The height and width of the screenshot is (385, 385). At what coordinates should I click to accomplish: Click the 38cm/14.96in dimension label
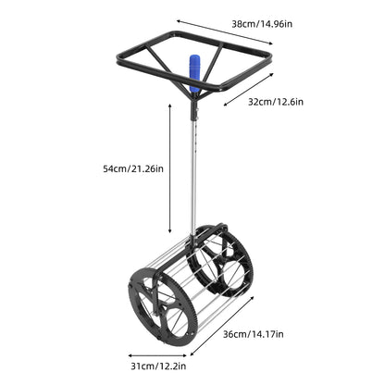click(262, 24)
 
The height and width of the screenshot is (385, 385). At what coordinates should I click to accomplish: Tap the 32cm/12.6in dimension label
click(276, 102)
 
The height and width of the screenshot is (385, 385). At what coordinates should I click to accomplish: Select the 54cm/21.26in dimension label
click(133, 168)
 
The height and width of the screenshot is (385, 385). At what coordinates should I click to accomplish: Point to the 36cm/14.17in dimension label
click(253, 334)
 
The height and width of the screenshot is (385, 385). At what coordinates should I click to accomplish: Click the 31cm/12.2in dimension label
click(158, 366)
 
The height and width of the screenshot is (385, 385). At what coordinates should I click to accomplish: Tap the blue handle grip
click(194, 73)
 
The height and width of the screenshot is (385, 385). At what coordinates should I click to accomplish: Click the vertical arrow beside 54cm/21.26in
click(169, 168)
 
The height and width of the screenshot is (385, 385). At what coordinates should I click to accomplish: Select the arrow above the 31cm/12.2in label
click(157, 355)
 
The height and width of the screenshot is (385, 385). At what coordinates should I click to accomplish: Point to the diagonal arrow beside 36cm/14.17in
click(222, 326)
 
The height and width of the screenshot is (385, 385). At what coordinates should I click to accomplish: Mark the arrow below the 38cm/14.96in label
click(225, 32)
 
